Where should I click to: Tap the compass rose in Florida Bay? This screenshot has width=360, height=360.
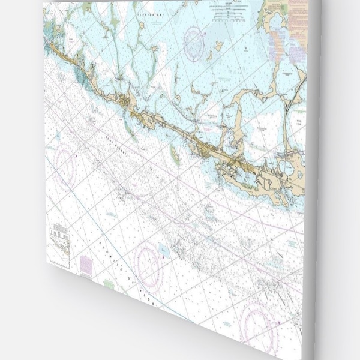(194, 43)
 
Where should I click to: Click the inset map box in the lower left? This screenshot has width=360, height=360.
(59, 245)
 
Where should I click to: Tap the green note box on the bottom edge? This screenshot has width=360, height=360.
(108, 283)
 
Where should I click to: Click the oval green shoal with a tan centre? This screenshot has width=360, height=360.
(175, 155)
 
